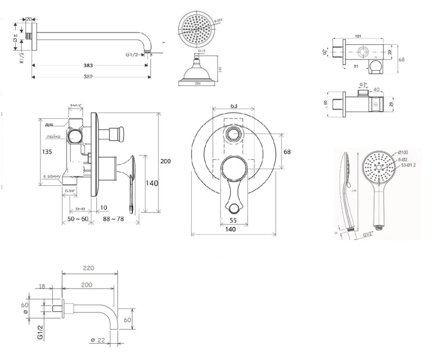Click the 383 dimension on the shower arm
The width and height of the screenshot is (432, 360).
[x=88, y=66]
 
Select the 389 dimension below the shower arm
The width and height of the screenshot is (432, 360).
[x=89, y=77]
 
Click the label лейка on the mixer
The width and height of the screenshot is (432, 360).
[x=53, y=137]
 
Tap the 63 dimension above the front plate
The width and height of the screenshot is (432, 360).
[x=233, y=105]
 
